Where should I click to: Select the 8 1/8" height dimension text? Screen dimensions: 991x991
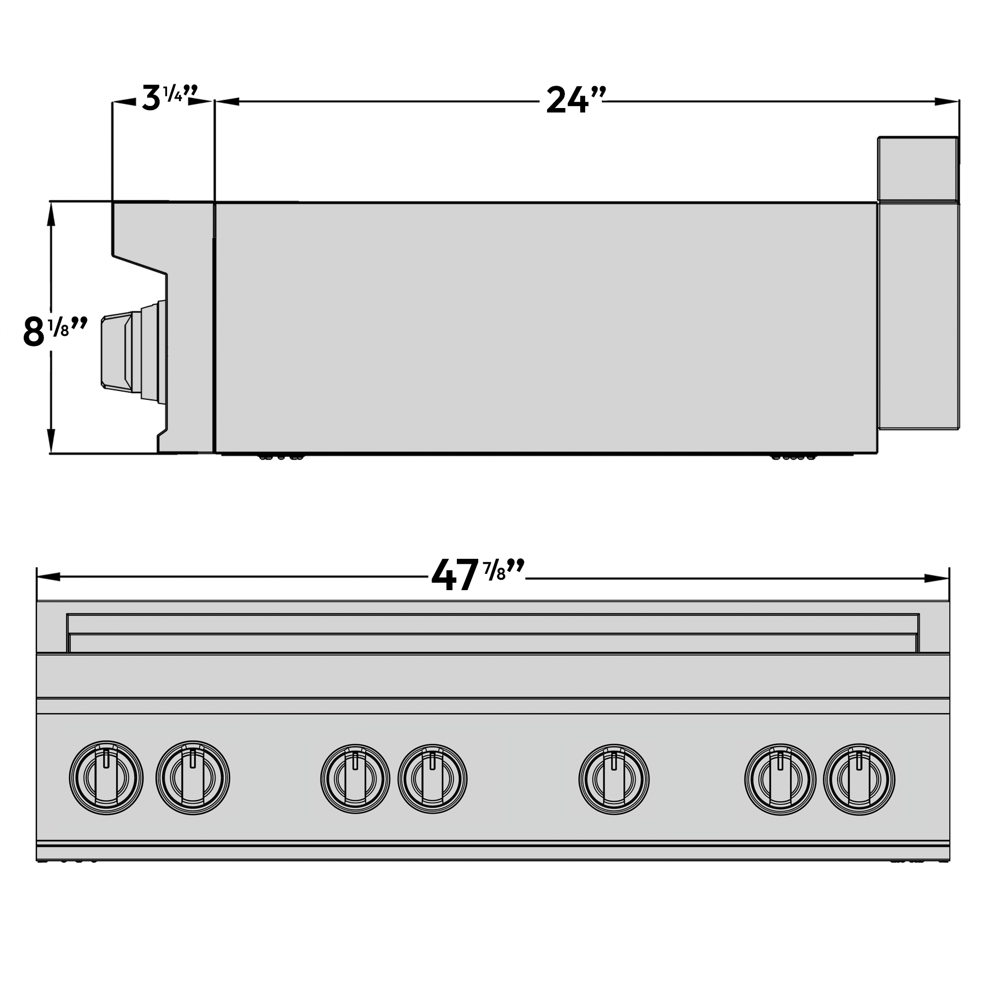click(x=54, y=331)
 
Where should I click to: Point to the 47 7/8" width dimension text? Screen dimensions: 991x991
click(x=477, y=575)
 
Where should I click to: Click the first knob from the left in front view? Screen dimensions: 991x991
click(x=106, y=778)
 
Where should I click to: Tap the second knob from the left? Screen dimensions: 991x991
click(x=193, y=777)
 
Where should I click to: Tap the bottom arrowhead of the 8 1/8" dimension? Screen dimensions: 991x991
click(x=51, y=440)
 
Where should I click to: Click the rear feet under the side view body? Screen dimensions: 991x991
click(x=793, y=456)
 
